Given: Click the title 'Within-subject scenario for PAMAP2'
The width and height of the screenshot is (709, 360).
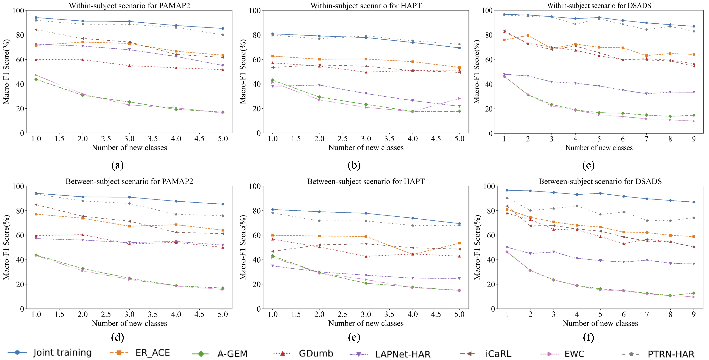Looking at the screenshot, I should pos(129,5).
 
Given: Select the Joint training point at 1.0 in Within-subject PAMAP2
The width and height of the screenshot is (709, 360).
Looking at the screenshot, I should pos(36,18).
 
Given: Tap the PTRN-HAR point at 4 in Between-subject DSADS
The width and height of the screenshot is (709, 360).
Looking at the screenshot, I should pos(577,206).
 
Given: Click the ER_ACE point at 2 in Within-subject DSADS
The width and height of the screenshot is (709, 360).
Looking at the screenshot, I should pos(528,35).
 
